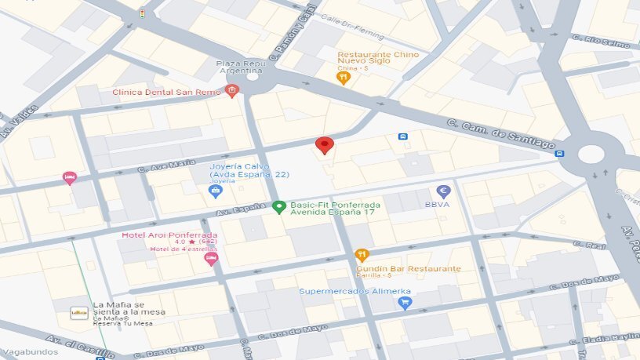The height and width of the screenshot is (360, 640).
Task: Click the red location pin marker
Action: point(325,145)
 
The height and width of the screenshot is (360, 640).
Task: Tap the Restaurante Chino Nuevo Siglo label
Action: point(378,59)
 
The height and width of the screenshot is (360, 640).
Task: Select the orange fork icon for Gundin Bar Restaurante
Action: point(362,255)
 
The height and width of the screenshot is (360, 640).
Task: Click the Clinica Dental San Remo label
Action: point(166,92)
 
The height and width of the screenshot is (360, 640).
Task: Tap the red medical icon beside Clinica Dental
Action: point(231,92)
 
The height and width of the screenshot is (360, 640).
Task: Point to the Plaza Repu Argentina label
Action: point(241,66)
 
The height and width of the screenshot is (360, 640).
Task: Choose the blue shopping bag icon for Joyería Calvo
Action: point(215,191)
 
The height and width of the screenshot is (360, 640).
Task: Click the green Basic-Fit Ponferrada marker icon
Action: point(278,207)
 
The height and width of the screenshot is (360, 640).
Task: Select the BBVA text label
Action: point(436,204)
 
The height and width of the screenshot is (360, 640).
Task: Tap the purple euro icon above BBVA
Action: point(443,191)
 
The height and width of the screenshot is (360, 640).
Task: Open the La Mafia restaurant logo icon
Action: point(79,312)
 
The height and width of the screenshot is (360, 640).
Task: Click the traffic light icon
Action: point(142,13)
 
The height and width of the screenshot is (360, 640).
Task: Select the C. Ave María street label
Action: point(166,164)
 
